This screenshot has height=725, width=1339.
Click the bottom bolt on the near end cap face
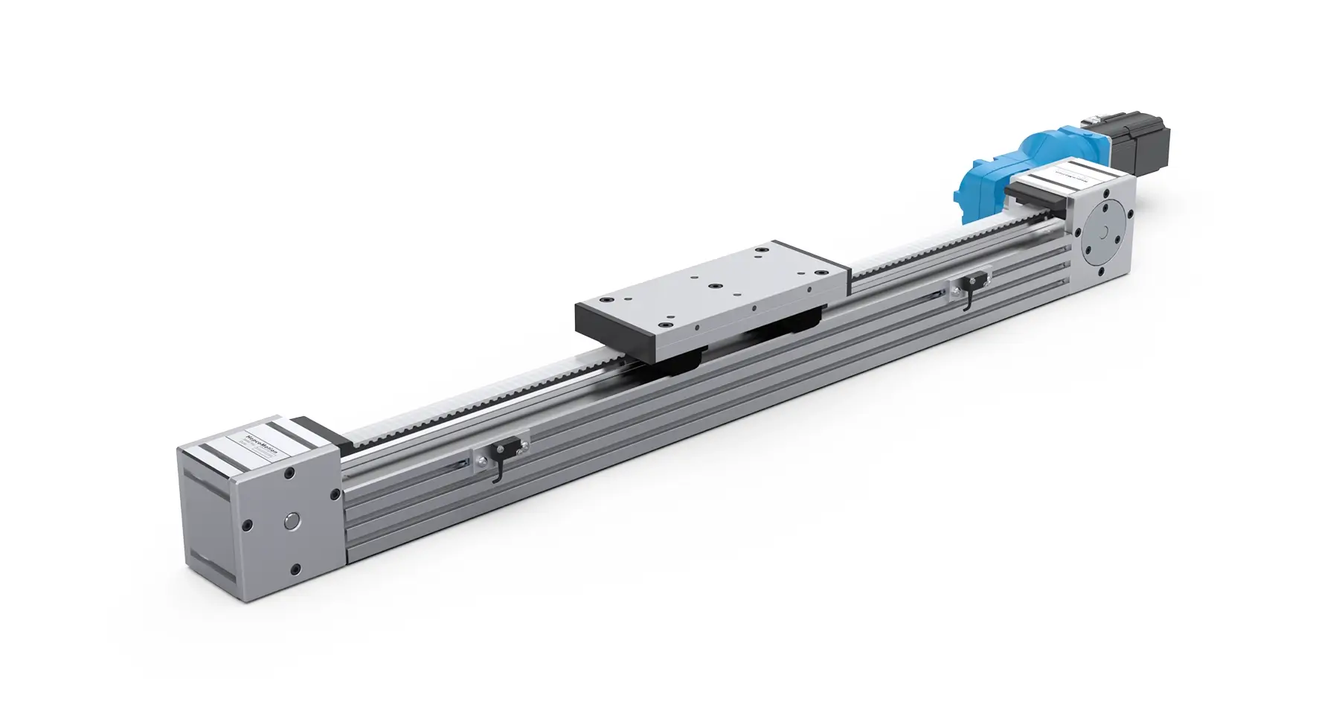tap(295, 569)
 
